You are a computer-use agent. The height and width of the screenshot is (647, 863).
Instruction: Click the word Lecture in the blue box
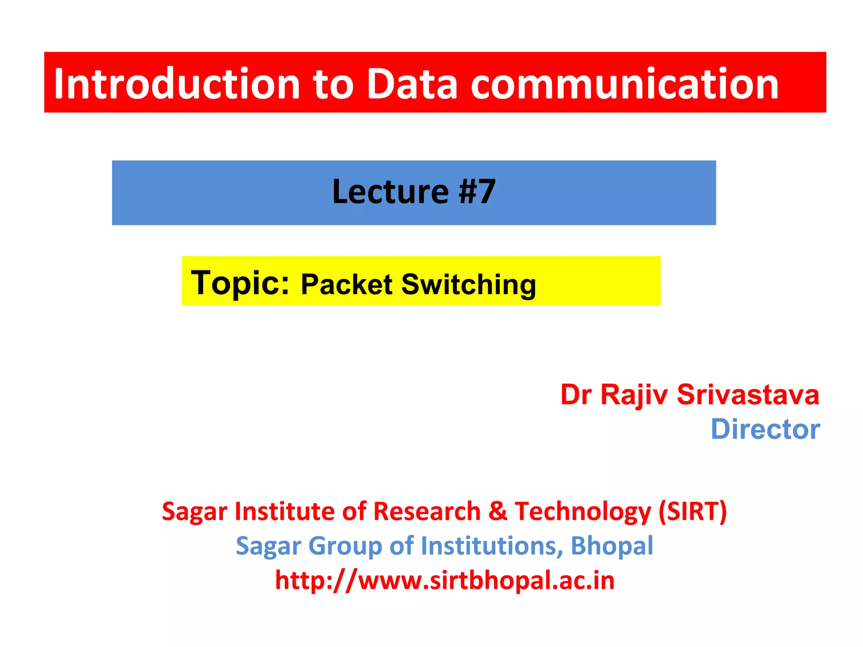click(x=390, y=192)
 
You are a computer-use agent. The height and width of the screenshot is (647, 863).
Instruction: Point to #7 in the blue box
click(x=477, y=192)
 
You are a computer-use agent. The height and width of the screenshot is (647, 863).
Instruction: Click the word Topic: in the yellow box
click(x=240, y=283)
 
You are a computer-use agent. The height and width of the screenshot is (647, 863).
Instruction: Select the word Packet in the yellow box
click(x=347, y=284)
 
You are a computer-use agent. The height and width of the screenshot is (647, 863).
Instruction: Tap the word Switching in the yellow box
click(x=468, y=285)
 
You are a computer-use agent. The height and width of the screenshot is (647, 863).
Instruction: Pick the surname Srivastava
click(x=748, y=395)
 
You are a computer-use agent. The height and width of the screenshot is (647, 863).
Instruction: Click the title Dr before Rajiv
click(x=576, y=395)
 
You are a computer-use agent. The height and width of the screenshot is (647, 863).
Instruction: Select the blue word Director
click(x=765, y=430)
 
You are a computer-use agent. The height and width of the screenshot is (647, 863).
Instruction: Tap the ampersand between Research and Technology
click(x=498, y=511)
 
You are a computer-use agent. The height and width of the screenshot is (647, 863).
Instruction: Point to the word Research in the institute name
click(x=427, y=511)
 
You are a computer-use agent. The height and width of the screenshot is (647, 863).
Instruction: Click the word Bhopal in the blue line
click(x=611, y=546)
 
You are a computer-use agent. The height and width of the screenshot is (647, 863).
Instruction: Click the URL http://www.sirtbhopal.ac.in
click(x=445, y=580)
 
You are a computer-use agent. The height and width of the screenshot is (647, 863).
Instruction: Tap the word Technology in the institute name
click(x=583, y=512)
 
